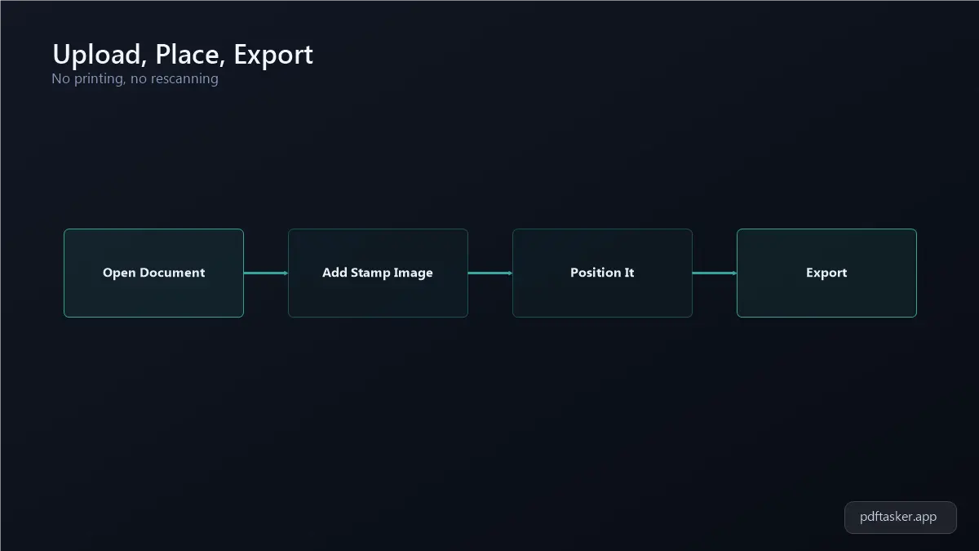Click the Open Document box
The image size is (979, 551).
154,273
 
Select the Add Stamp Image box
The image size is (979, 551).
378,273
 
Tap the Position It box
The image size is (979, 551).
602,273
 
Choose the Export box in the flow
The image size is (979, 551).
826,273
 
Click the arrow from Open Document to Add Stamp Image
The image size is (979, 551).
266,273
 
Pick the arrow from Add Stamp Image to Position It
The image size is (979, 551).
490,273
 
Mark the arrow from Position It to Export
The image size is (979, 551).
715,273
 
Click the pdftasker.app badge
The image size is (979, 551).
901,518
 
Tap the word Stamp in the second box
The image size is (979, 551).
370,273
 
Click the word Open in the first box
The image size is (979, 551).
119,273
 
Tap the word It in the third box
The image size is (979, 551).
629,273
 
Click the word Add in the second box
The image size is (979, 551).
334,273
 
